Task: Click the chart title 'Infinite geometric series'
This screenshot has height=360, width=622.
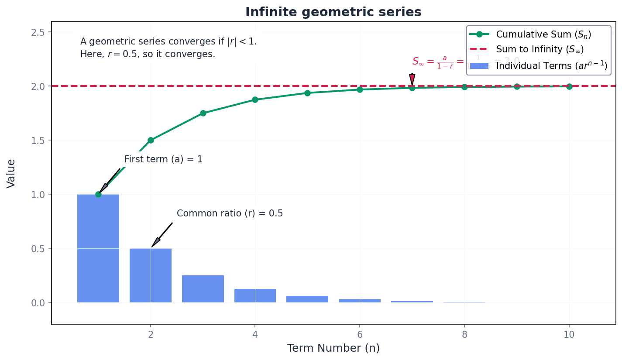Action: coord(333,12)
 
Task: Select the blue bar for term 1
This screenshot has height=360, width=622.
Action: coord(98,248)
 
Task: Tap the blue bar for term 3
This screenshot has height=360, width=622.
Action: coord(203,289)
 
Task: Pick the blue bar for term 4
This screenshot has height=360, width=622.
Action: coord(255,296)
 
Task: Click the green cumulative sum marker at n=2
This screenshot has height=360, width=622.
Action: coord(151,140)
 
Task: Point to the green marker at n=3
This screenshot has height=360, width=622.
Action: coord(203,113)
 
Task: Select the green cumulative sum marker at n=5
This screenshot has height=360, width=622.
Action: coord(307,93)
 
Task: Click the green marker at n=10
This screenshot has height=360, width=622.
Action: coord(569,86)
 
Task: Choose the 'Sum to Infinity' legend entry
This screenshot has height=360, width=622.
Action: coord(540,50)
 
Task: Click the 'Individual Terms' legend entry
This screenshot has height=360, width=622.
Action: coord(551,65)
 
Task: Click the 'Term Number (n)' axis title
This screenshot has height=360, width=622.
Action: coord(333,348)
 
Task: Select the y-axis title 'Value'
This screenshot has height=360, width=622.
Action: coord(11,173)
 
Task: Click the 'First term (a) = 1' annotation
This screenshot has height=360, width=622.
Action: coord(163,159)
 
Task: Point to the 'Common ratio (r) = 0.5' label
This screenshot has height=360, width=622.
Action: coord(230,213)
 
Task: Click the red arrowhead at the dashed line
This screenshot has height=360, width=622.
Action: coord(412,80)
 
